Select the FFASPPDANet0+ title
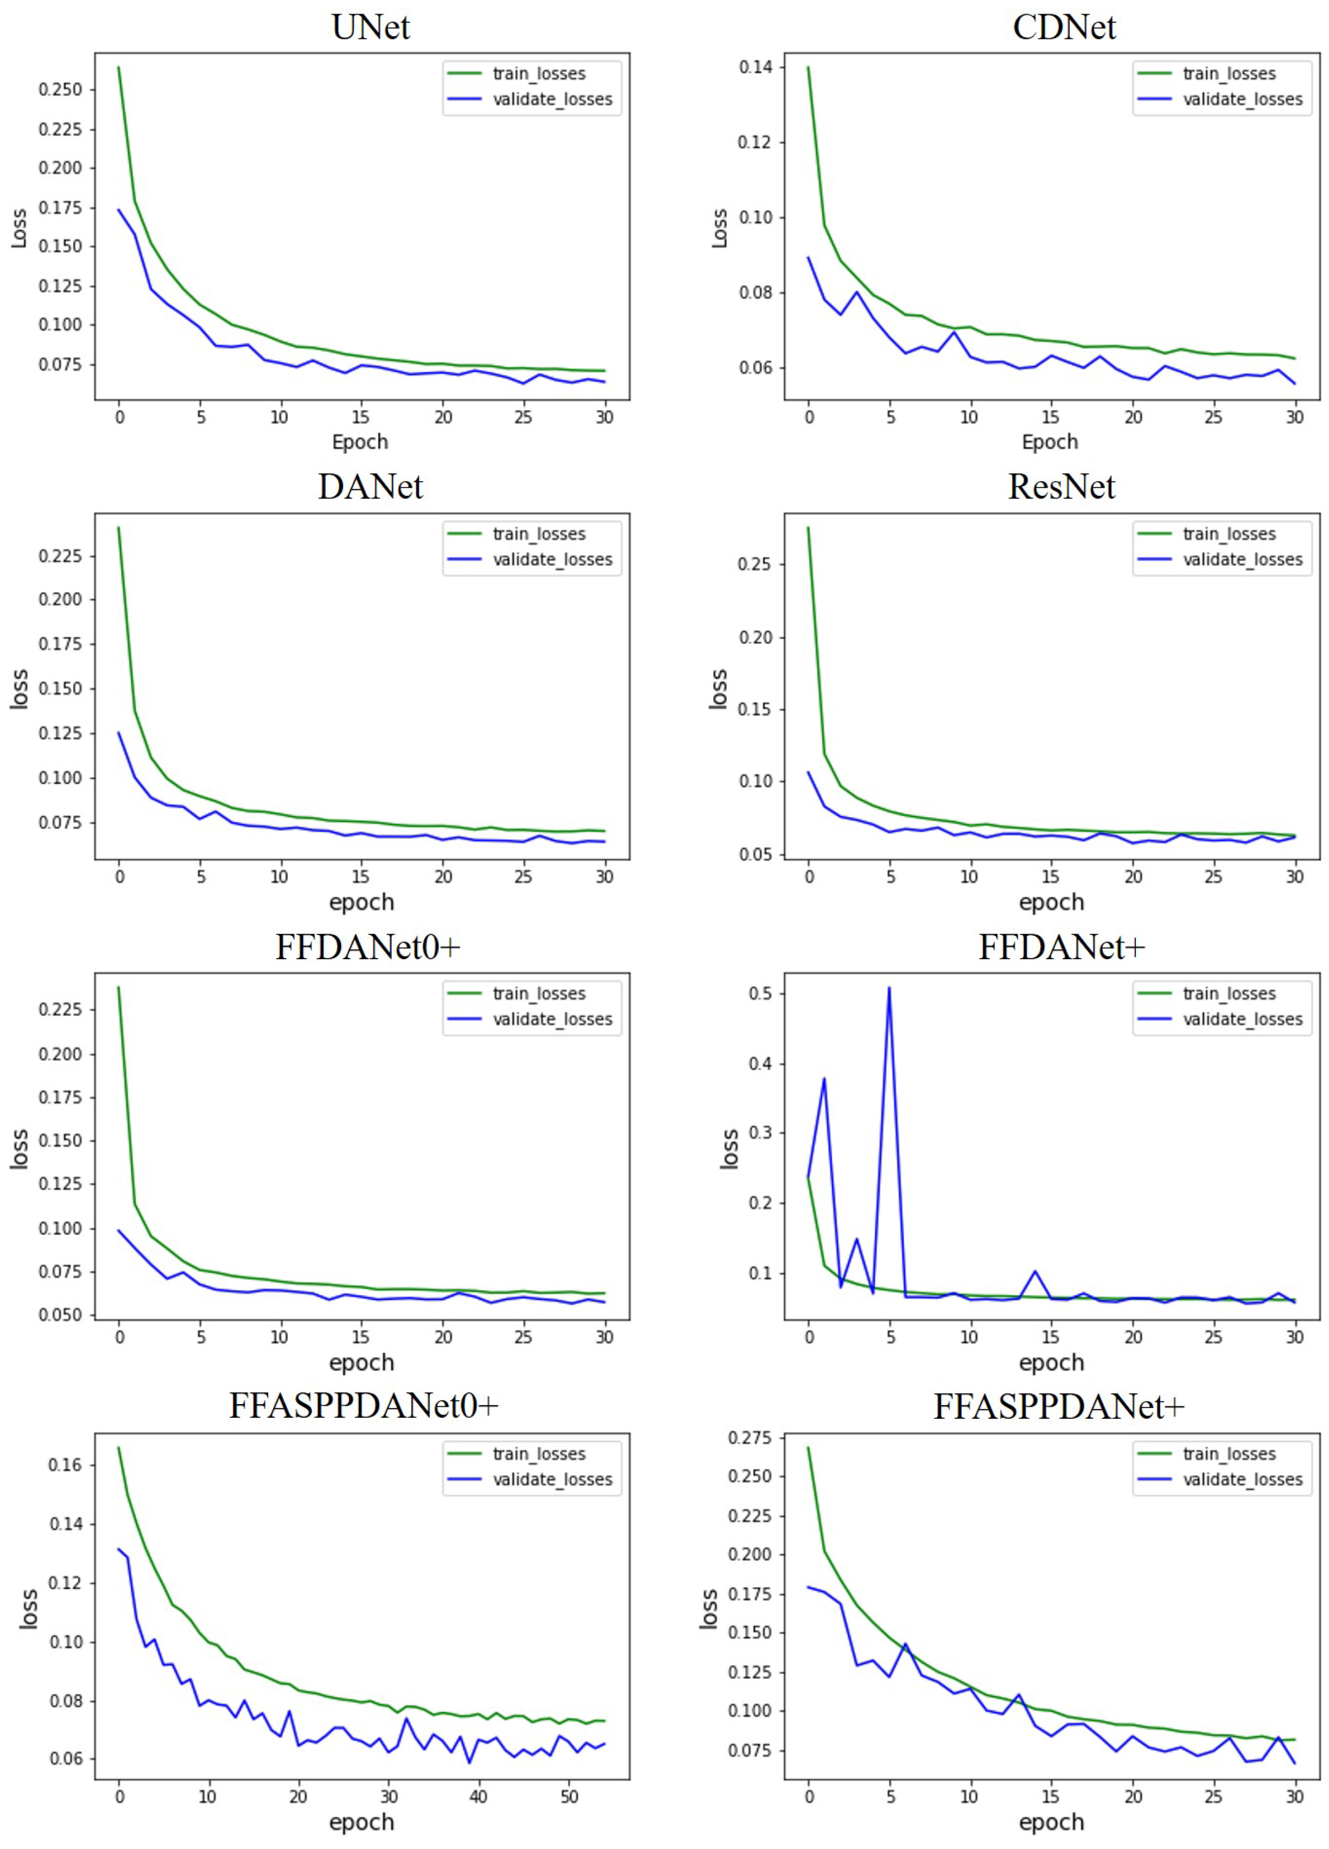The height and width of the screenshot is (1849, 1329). [x=363, y=1406]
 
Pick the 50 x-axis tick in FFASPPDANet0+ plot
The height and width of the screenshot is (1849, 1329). [x=569, y=1796]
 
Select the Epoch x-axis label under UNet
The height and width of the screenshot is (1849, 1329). [x=360, y=442]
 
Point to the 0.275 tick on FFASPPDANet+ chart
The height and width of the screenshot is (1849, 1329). [x=748, y=1437]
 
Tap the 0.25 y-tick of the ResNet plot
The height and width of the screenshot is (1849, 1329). [x=754, y=564]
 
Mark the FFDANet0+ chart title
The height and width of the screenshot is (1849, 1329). [x=368, y=947]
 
